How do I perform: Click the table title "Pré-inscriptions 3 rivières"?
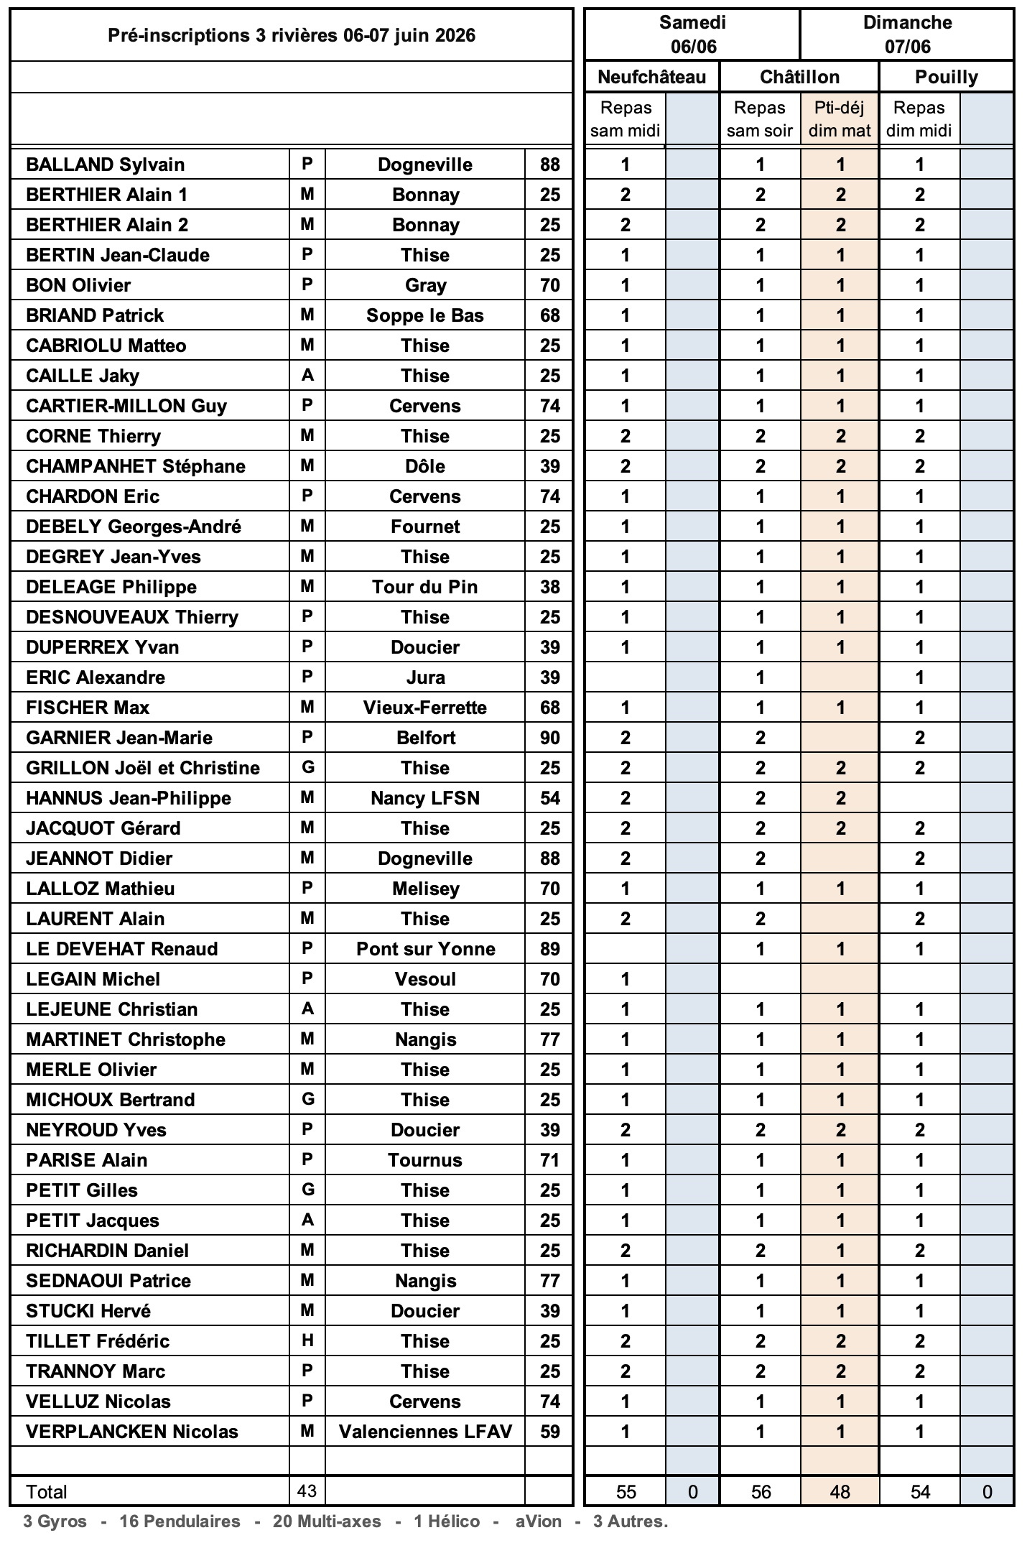click(291, 35)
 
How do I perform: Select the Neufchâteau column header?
click(651, 77)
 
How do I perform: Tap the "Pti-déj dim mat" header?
click(839, 119)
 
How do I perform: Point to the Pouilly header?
click(946, 77)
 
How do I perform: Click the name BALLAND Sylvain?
click(105, 165)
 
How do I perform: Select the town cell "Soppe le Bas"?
click(425, 315)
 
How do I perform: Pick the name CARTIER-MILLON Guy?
click(126, 406)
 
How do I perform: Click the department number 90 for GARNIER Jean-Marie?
click(549, 738)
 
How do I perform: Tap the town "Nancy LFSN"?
click(425, 798)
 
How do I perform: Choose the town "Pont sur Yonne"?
click(425, 949)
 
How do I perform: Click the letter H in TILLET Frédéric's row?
click(307, 1340)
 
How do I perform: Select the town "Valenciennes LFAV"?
click(425, 1432)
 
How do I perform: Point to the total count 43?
click(307, 1491)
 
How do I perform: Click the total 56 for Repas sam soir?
click(761, 1492)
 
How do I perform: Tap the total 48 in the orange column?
click(840, 1492)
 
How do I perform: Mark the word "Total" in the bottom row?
click(46, 1492)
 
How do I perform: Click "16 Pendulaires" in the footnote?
click(180, 1521)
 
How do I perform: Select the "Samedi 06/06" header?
click(692, 34)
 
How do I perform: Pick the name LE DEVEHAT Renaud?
click(121, 949)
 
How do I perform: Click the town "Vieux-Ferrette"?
click(425, 708)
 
